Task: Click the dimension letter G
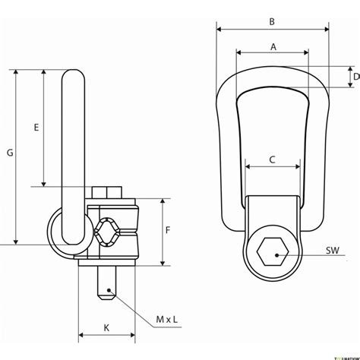tap(10, 153)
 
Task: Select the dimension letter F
tap(172, 229)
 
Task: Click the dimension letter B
tap(272, 22)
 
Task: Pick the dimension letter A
tap(272, 46)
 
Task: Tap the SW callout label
tap(332, 248)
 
